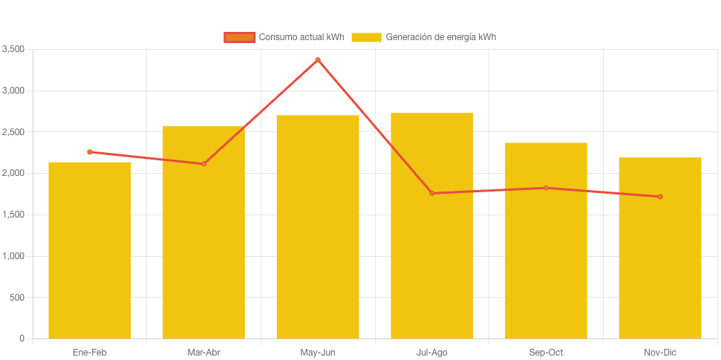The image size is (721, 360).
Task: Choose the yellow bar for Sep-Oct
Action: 546,240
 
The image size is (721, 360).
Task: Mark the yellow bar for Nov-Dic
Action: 659,248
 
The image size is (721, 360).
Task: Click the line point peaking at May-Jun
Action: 318,59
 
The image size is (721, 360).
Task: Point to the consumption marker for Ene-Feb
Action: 90,151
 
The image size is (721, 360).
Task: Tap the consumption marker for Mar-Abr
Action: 203,163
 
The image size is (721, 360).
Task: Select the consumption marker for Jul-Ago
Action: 431,193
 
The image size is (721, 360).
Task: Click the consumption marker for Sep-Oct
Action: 546,188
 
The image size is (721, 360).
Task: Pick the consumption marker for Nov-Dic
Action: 659,197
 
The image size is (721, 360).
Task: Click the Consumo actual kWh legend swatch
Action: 239,37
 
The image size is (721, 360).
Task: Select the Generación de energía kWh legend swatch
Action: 366,37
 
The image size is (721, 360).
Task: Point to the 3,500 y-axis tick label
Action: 13,49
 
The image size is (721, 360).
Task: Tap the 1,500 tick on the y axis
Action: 13,215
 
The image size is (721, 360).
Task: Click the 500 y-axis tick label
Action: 17,298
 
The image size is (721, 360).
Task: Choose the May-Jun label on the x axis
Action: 318,352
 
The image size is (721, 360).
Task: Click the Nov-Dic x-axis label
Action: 659,352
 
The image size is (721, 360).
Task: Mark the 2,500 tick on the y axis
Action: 13,132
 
